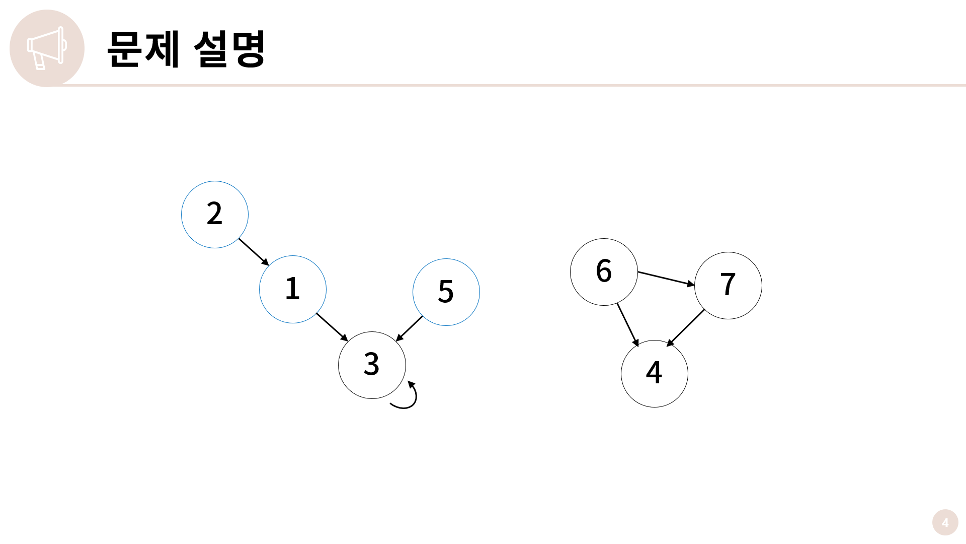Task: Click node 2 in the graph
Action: click(x=215, y=215)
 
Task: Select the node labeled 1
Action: click(x=293, y=289)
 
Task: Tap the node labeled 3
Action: click(x=372, y=365)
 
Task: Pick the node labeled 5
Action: click(x=446, y=292)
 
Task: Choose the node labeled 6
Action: click(x=604, y=272)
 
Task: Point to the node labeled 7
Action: click(x=728, y=286)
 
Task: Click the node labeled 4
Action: click(x=655, y=374)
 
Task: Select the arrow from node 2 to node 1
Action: click(x=254, y=252)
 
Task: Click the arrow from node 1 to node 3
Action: click(x=332, y=327)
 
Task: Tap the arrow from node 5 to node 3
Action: click(x=409, y=328)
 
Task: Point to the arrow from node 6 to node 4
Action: click(x=628, y=325)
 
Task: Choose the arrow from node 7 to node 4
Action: click(x=686, y=327)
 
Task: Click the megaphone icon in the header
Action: click(x=47, y=48)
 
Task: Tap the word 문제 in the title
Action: click(x=143, y=49)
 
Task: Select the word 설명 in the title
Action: click(x=229, y=49)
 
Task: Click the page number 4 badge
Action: click(x=945, y=522)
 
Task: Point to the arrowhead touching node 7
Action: click(x=690, y=285)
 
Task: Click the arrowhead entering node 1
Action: click(x=265, y=261)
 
